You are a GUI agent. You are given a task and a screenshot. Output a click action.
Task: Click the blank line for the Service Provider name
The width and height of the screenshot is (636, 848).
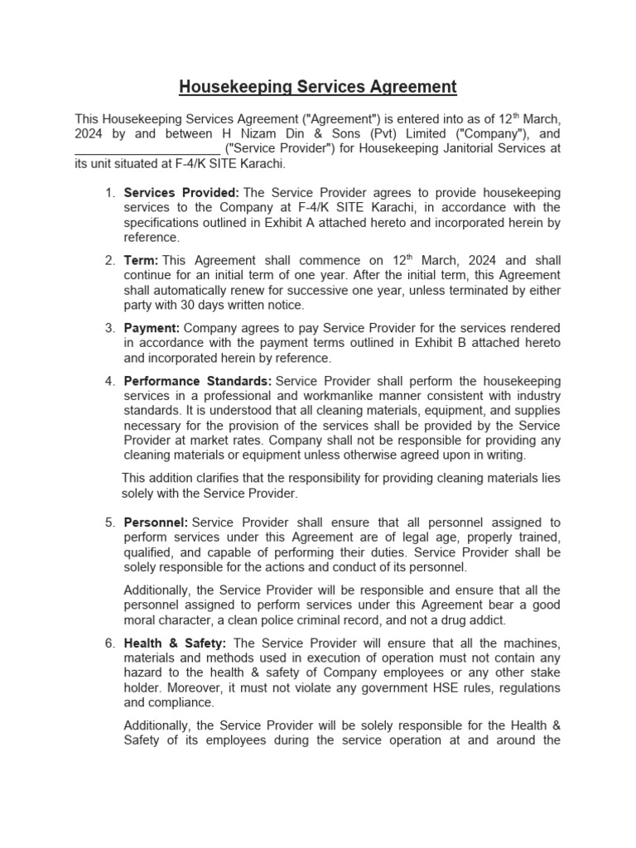click(x=147, y=149)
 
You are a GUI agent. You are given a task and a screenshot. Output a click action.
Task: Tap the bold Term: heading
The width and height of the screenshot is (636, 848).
click(x=141, y=261)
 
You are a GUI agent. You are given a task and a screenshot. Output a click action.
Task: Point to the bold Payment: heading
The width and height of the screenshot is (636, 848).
click(x=152, y=329)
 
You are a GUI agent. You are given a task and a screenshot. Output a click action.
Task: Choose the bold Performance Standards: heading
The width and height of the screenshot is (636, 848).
click(x=197, y=381)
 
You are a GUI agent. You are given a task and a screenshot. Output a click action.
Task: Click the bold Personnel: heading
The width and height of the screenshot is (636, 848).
click(x=156, y=523)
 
